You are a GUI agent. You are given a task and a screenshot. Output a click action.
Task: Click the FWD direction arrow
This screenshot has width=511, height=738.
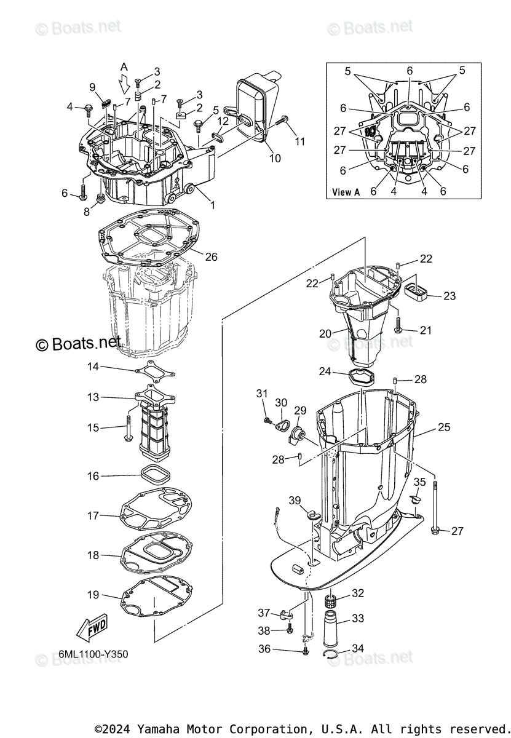tap(90, 627)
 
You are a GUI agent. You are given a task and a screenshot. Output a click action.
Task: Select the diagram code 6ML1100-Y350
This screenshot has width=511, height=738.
tap(94, 654)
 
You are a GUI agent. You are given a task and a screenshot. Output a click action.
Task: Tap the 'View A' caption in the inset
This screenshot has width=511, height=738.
tap(346, 192)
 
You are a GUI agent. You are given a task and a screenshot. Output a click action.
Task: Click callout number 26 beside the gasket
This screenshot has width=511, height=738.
tap(210, 257)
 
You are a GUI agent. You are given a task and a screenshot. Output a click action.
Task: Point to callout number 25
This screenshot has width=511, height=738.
tap(445, 427)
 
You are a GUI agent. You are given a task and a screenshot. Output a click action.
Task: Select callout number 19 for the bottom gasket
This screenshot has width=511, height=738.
tap(93, 595)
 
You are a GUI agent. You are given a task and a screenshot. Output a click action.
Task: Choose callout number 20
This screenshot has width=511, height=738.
tap(325, 333)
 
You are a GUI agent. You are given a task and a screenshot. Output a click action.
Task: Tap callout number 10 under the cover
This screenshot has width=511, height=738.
tap(275, 158)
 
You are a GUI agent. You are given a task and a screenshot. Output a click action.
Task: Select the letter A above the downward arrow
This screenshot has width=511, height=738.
tap(124, 66)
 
